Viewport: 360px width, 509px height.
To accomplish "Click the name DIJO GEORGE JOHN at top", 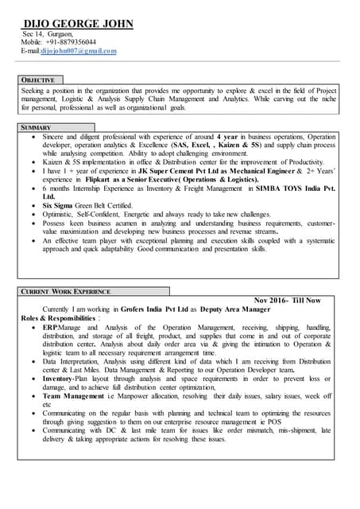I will tap(77, 24).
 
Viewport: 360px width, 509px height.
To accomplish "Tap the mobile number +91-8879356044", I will tap(71, 42).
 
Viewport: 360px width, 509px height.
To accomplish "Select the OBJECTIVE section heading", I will tap(38, 80).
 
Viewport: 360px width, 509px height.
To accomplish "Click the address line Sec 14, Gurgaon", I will tap(48, 34).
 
